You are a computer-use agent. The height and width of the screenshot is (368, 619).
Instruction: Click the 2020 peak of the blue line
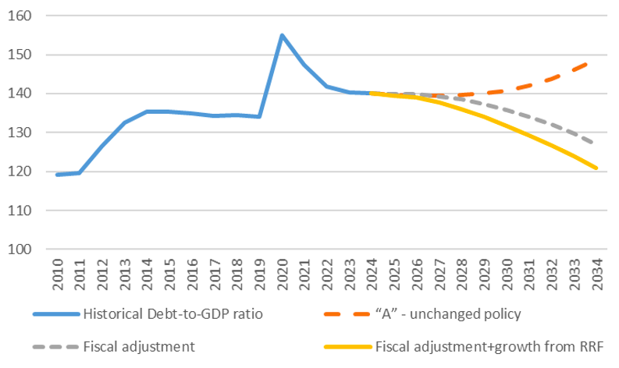[x=281, y=35]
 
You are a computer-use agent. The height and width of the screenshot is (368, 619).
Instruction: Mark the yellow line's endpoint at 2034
[x=596, y=168]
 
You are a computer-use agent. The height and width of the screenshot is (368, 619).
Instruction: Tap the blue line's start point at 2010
[x=56, y=175]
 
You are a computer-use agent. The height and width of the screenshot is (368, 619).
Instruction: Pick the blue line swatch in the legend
[x=56, y=314]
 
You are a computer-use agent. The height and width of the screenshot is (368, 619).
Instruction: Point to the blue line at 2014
[x=146, y=111]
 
